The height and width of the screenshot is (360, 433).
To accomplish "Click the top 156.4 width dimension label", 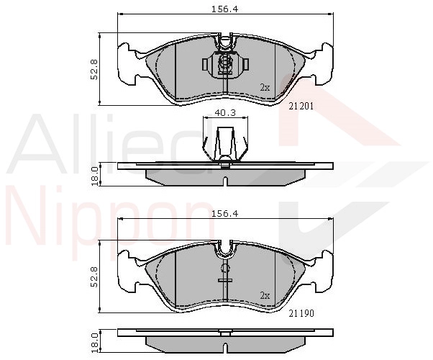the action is [x=224, y=9].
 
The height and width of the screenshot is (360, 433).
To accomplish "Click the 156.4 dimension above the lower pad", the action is [x=224, y=214].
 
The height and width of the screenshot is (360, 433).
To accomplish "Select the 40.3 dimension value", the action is [x=225, y=113].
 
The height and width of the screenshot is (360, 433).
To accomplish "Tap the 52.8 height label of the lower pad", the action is [x=94, y=276].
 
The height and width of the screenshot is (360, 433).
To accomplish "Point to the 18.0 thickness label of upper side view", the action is [x=95, y=176].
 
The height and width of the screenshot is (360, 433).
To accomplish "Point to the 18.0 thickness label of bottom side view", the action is [x=95, y=342].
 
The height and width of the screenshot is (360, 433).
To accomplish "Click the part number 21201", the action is [x=301, y=106].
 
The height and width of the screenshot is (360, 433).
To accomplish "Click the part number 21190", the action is [x=301, y=313].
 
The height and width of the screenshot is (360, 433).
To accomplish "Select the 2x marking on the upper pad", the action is [x=265, y=88].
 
